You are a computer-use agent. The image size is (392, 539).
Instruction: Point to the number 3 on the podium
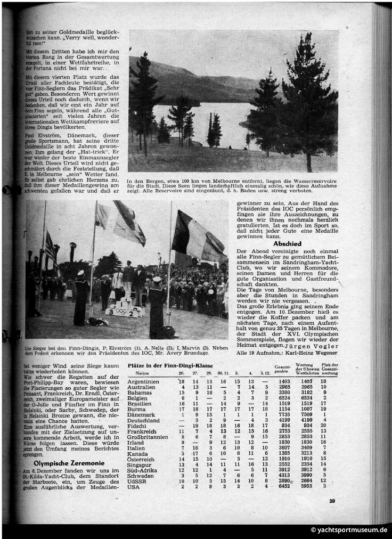coord(110,312)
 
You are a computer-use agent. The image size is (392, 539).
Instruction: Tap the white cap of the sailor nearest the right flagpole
coord(157,279)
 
